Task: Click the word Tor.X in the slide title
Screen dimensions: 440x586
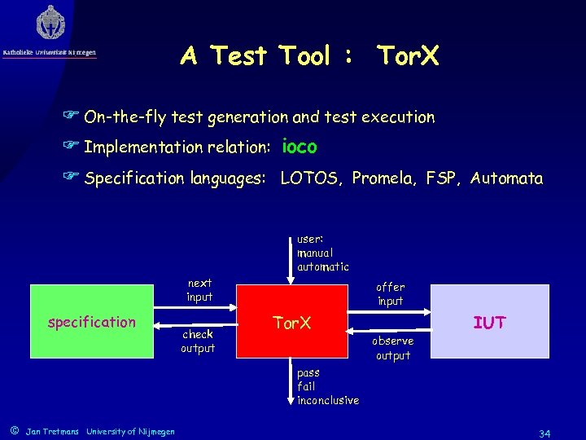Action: [x=407, y=56]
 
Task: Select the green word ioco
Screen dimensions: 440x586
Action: [x=300, y=147]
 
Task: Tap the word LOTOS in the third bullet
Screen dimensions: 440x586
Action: [x=311, y=178]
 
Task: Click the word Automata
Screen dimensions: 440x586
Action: [x=506, y=178]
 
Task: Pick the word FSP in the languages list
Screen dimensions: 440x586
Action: [x=442, y=178]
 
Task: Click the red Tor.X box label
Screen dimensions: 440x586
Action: [x=291, y=322]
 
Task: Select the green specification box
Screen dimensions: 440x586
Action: [x=91, y=322]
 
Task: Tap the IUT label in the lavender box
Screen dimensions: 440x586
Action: [x=489, y=323]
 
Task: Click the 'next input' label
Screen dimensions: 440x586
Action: [x=199, y=290]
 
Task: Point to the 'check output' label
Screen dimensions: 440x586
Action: [x=198, y=341]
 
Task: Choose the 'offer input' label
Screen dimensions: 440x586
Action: [x=390, y=294]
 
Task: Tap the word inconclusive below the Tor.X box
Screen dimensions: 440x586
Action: [x=327, y=400]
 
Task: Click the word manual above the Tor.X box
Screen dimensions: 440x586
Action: [x=315, y=253]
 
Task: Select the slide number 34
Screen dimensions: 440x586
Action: [x=546, y=431]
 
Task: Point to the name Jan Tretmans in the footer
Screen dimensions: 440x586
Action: [x=52, y=431]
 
